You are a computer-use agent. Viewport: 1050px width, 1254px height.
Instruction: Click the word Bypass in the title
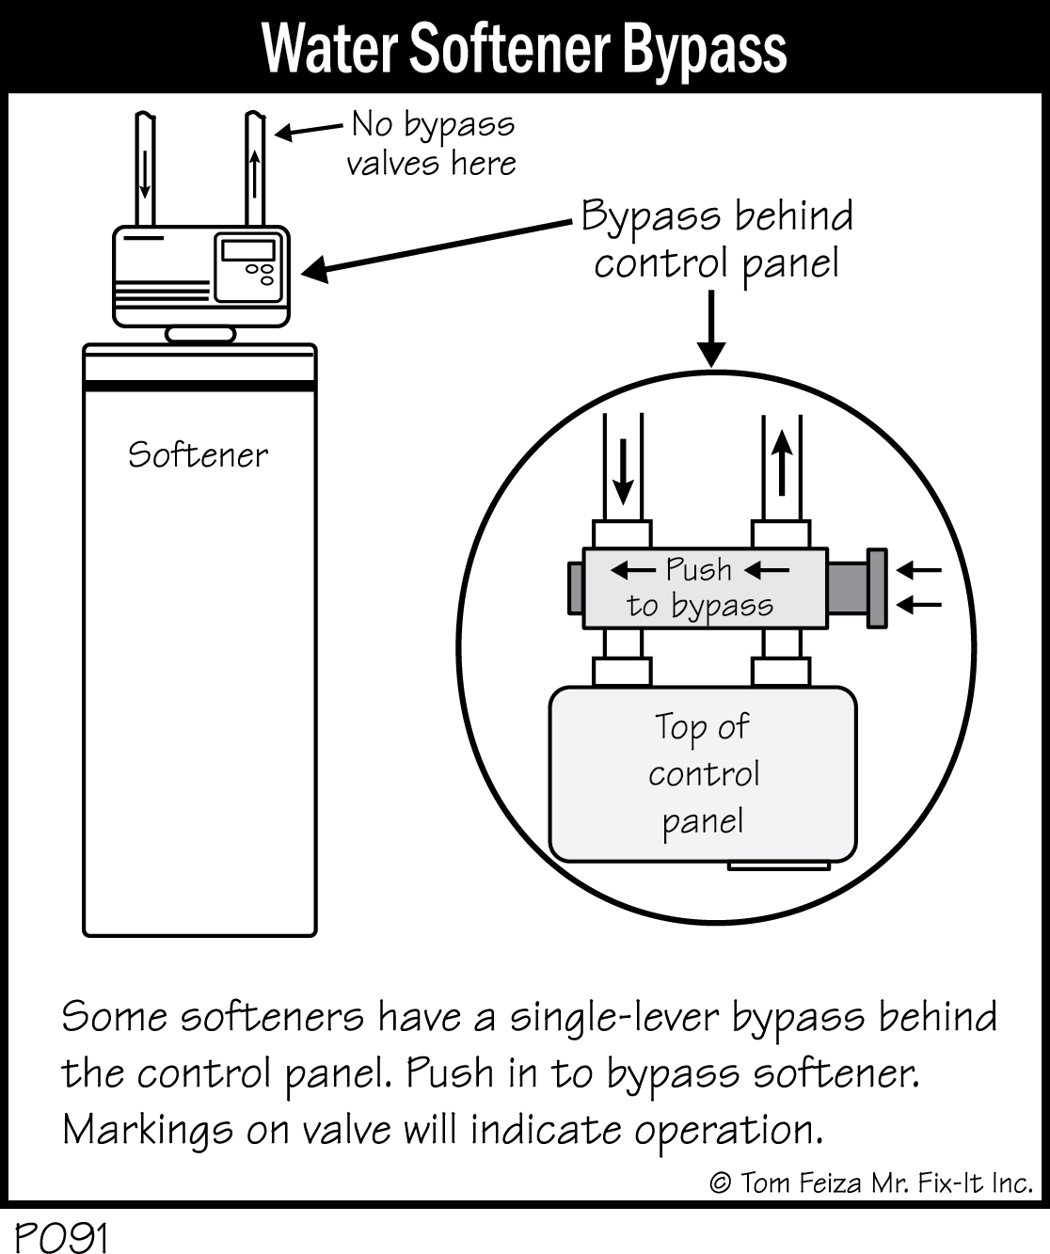[704, 49]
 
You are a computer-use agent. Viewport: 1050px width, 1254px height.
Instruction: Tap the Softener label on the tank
[198, 455]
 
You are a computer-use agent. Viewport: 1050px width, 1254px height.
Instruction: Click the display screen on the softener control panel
[248, 250]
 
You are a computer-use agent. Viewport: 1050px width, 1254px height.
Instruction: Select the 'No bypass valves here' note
[432, 143]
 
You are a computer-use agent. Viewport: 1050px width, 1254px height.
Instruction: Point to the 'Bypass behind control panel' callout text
[717, 239]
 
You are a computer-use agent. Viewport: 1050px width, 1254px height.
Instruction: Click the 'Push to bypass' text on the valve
[700, 588]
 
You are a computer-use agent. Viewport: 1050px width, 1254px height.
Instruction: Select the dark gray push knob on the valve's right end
[875, 588]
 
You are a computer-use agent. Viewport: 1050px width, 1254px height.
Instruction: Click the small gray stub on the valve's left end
[575, 588]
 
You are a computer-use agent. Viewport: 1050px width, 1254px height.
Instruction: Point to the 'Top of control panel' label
[703, 773]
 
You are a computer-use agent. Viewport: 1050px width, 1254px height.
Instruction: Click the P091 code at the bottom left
[62, 1237]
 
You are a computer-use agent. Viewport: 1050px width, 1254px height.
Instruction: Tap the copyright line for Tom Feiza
[870, 1183]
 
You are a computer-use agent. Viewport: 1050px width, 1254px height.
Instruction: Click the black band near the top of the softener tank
[199, 385]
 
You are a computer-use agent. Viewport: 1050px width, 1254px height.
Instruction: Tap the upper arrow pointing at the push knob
[918, 570]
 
